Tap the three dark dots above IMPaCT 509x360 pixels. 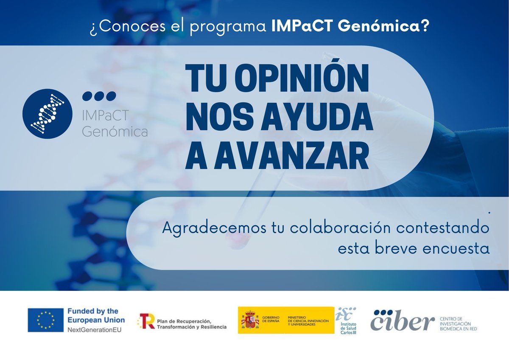pos(99,96)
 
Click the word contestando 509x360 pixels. pos(442,229)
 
